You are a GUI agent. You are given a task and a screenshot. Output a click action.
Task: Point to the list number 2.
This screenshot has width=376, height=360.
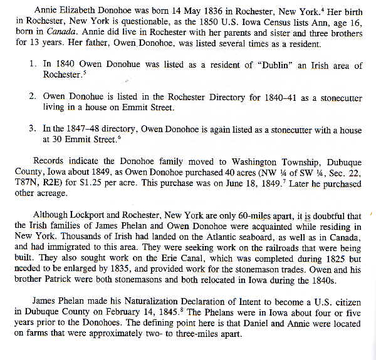pos(32,96)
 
